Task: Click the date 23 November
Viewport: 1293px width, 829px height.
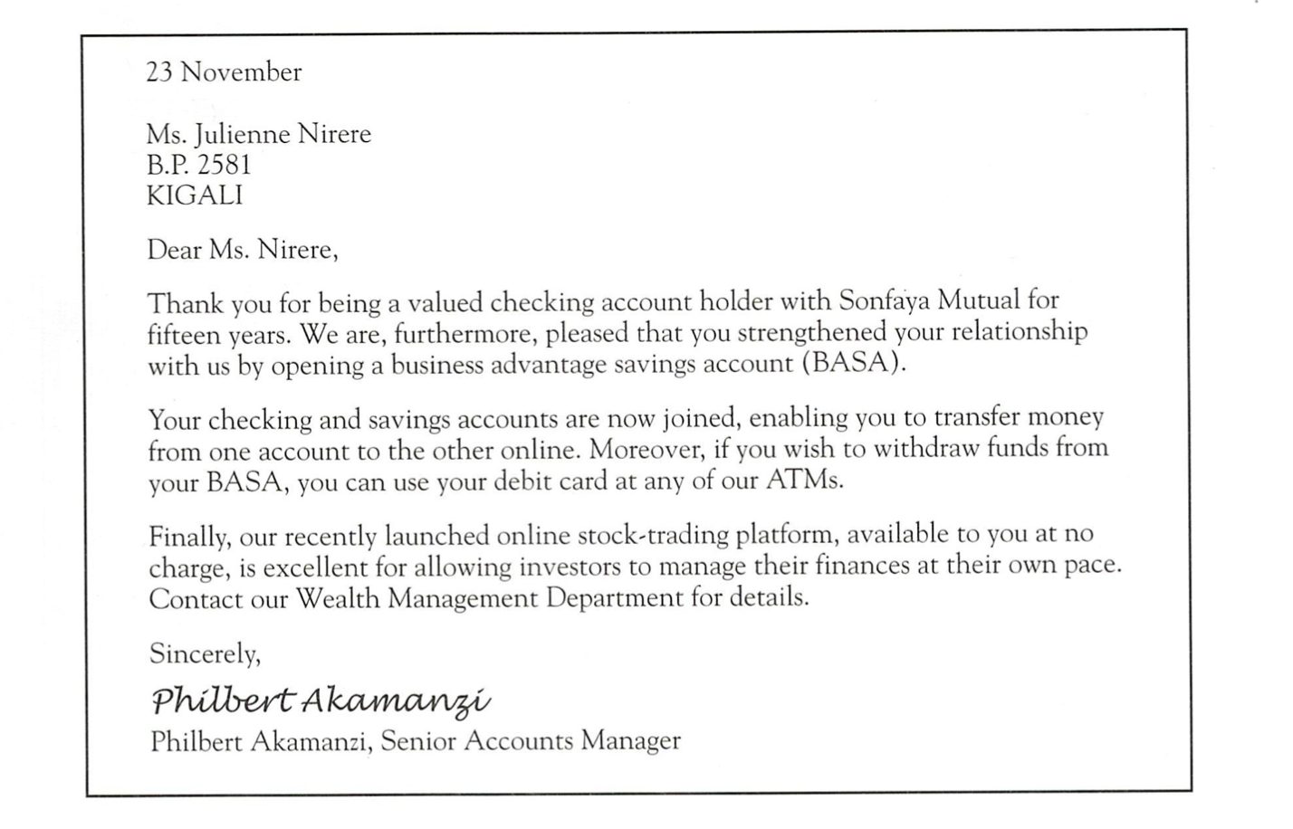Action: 224,72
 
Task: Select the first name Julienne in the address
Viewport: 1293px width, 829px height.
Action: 248,135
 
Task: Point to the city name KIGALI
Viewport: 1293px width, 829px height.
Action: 195,195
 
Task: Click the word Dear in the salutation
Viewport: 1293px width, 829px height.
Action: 175,249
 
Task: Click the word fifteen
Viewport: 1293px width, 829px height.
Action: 182,334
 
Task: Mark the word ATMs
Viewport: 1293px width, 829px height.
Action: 804,481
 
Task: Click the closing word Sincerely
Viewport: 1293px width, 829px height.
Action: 205,653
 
